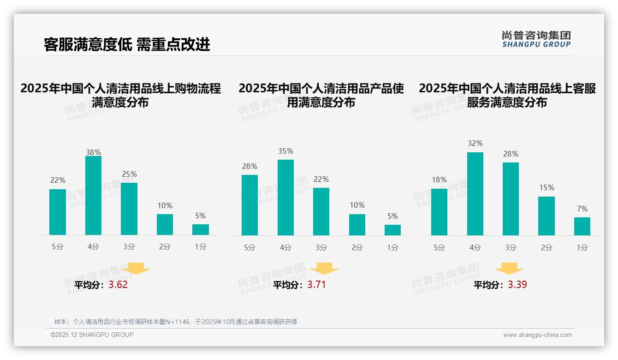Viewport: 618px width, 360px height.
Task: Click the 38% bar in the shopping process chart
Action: [93, 196]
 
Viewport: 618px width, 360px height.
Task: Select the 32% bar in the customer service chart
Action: [475, 194]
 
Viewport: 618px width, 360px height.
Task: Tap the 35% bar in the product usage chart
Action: [285, 198]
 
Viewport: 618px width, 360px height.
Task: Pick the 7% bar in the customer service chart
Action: [582, 226]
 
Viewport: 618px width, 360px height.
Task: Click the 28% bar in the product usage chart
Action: [250, 205]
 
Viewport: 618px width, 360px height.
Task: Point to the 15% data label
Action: [547, 187]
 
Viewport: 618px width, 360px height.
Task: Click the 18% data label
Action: [439, 180]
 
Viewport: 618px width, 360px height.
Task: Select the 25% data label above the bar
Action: [129, 174]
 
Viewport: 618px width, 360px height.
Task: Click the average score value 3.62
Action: [118, 285]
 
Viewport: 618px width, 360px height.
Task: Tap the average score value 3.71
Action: [316, 285]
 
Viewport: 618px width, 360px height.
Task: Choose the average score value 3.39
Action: [517, 285]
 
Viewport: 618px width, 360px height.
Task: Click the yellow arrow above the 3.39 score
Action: [509, 269]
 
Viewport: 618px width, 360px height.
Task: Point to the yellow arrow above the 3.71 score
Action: [324, 269]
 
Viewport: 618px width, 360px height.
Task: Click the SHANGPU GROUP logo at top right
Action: [536, 39]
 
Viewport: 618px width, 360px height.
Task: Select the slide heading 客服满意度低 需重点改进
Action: [127, 44]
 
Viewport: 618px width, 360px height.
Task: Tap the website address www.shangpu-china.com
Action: [537, 335]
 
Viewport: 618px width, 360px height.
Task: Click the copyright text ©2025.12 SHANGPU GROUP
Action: [92, 335]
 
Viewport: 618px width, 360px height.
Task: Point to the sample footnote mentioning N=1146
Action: [176, 322]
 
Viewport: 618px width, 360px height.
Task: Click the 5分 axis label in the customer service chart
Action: [439, 247]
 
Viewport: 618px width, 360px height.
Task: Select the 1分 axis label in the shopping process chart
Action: [200, 246]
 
